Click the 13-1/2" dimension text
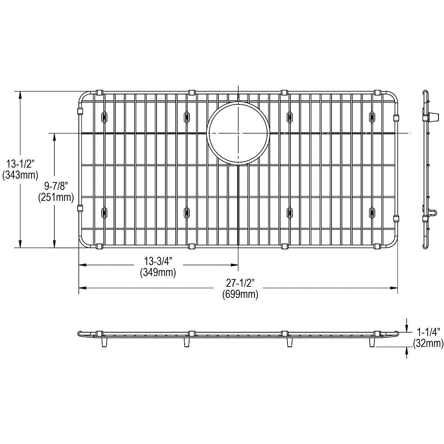pos(20,163)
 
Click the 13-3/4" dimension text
pos(158,261)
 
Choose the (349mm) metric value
pos(158,273)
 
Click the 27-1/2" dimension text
pos(240,283)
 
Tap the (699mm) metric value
pos(240,295)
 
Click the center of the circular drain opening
pos(238,133)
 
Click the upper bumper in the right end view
pos(431,117)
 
